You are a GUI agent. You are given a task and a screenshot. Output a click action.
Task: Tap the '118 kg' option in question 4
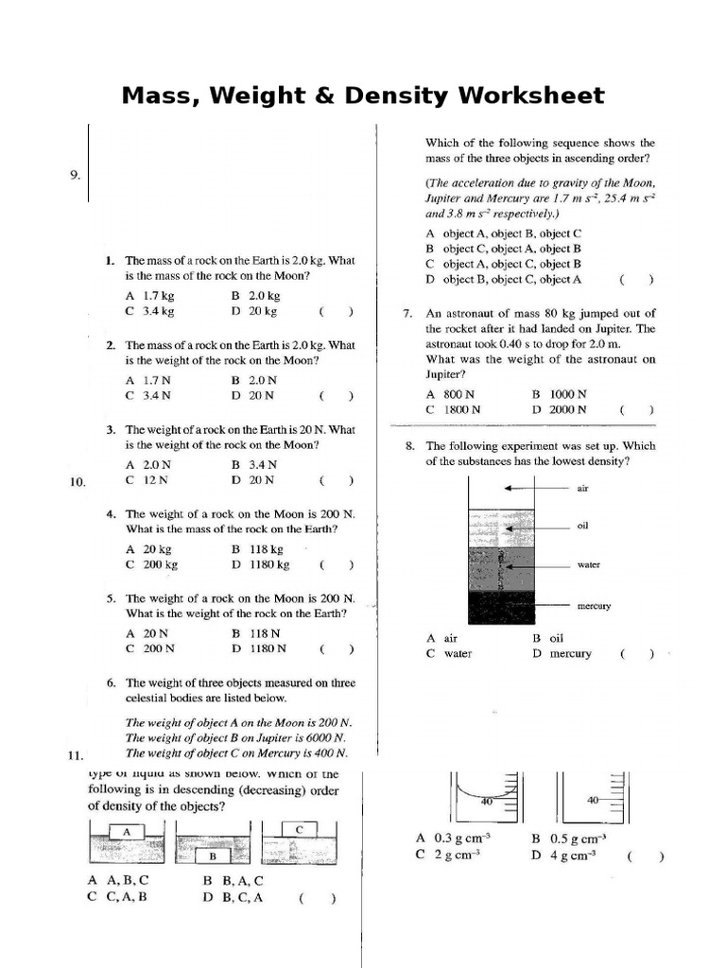click(x=265, y=548)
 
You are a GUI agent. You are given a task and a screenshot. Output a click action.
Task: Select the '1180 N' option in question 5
click(x=266, y=648)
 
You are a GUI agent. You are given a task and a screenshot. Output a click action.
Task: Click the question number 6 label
click(x=111, y=682)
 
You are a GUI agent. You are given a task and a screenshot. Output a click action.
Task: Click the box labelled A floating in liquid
click(x=126, y=831)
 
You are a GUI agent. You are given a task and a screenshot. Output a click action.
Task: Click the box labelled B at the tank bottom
click(x=214, y=856)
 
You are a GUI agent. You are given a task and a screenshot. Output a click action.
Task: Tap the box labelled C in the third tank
click(x=299, y=829)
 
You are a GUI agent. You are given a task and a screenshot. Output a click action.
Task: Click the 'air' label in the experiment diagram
click(x=582, y=489)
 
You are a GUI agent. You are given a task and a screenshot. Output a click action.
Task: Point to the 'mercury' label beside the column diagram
click(x=594, y=605)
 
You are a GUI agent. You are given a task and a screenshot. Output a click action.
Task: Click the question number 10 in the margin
click(x=78, y=482)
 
